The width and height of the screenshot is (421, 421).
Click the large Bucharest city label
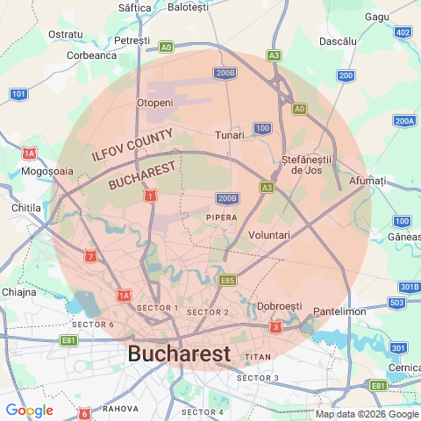[x=179, y=353]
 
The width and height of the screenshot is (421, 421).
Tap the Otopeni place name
[x=155, y=103]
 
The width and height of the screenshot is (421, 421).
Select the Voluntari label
[x=269, y=235]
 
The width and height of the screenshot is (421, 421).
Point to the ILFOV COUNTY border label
[x=132, y=146]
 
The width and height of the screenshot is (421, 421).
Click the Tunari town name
[x=230, y=135]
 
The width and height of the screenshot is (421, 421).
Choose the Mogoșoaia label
[x=47, y=171]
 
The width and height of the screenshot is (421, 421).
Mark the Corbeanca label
[x=92, y=54]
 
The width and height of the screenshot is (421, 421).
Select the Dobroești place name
[x=280, y=305]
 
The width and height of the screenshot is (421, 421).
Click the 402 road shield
[x=403, y=32]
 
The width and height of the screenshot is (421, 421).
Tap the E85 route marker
[x=228, y=280]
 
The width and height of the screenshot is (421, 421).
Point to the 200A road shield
[x=404, y=121]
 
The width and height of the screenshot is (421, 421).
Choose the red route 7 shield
[x=90, y=256]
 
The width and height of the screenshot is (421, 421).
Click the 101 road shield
[x=19, y=93]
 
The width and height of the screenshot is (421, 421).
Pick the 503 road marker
[x=396, y=303]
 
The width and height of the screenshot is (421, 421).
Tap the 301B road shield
[x=409, y=287]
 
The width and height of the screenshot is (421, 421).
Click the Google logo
[x=28, y=410]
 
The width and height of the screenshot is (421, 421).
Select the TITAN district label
[x=258, y=357]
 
